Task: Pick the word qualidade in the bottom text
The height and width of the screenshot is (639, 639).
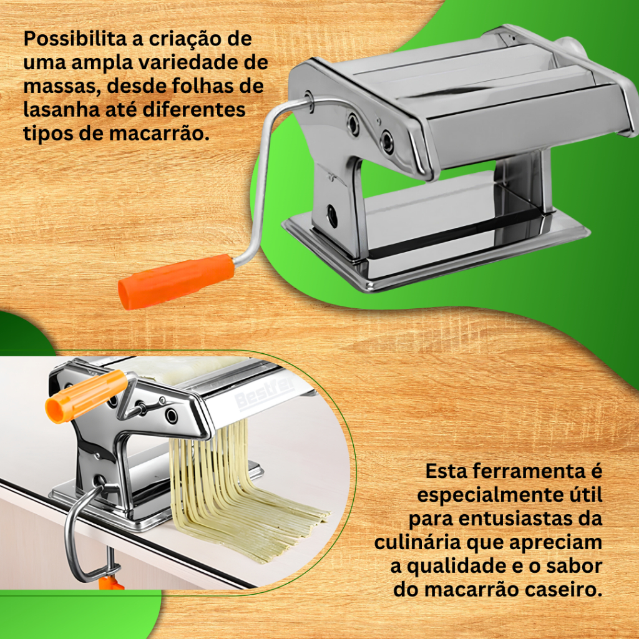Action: (x=456, y=567)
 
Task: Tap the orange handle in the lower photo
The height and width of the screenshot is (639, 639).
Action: (x=86, y=396)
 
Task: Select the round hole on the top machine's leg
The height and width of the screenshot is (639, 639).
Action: (x=332, y=215)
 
